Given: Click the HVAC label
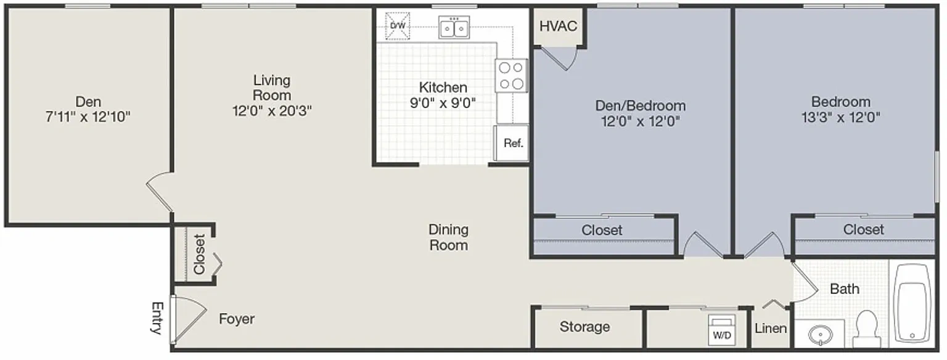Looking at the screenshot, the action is (x=558, y=26).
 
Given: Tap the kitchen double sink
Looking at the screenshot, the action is (x=454, y=28).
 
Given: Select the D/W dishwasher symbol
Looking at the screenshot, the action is (x=398, y=26).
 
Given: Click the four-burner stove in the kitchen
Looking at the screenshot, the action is (x=511, y=76).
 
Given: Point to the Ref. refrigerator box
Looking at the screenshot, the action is (x=512, y=143).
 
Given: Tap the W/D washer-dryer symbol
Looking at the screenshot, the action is (x=722, y=330).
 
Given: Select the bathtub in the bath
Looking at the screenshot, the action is (x=912, y=303).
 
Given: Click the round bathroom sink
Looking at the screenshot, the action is (x=820, y=335).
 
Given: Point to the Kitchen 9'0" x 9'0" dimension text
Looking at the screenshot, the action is (x=443, y=103).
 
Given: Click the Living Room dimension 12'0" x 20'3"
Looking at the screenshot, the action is (x=272, y=111).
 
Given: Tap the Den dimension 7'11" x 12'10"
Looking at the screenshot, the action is (x=88, y=117).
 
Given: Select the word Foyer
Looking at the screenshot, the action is (x=237, y=319).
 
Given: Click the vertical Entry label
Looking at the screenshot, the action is (x=157, y=318).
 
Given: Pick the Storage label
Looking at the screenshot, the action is (x=584, y=327).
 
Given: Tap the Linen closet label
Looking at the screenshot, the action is (x=771, y=329).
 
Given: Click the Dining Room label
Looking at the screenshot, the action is (x=449, y=237).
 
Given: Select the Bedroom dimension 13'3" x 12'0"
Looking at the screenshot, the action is (x=841, y=117).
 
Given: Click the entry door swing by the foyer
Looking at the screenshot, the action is (x=189, y=319).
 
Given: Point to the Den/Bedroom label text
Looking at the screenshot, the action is (x=641, y=105).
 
